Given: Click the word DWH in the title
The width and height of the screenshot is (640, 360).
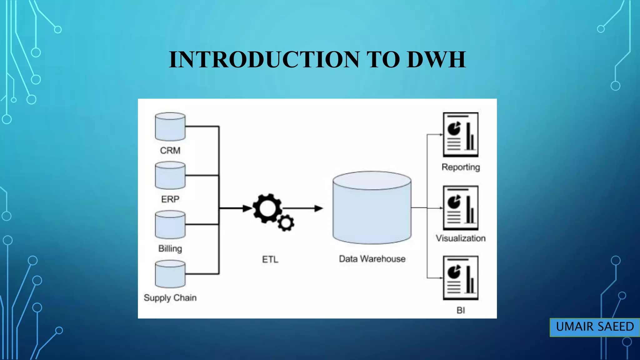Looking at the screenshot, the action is (x=436, y=59).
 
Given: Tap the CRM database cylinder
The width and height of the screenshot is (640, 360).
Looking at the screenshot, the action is (x=170, y=127).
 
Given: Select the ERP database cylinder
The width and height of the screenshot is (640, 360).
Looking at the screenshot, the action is (x=170, y=175).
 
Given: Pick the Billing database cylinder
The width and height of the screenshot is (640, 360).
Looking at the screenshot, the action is (x=170, y=224).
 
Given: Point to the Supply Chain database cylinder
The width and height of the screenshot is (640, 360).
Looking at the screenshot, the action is (x=170, y=274).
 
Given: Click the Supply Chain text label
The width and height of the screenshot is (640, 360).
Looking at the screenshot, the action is (x=170, y=298).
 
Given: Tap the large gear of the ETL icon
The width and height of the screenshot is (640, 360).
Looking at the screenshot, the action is (x=267, y=208).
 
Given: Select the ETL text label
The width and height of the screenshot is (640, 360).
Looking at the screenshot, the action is (x=270, y=259).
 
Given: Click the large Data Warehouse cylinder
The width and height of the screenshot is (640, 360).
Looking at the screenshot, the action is (x=372, y=207).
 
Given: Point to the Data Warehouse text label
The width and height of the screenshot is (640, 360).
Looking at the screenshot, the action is (x=372, y=259).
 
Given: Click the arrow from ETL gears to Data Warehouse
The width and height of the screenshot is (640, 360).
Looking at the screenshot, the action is (x=302, y=208).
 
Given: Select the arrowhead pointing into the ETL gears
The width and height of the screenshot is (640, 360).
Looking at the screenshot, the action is (x=247, y=208).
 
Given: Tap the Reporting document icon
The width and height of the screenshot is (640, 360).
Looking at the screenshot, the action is (x=461, y=135).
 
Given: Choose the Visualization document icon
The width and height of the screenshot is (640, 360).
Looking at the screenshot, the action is (x=461, y=208).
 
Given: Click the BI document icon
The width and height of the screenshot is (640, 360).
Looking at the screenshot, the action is (x=461, y=278).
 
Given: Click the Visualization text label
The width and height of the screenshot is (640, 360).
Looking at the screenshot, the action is (x=461, y=238).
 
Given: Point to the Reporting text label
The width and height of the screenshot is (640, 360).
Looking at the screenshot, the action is (x=461, y=167).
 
